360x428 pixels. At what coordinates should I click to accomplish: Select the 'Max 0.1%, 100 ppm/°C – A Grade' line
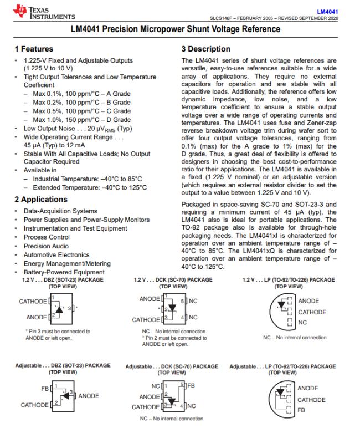tap(81, 94)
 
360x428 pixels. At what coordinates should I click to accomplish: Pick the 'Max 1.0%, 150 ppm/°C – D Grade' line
tap(81, 120)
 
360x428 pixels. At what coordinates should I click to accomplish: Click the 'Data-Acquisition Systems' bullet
tap(60, 211)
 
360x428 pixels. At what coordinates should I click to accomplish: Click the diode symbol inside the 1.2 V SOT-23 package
tap(58, 307)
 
